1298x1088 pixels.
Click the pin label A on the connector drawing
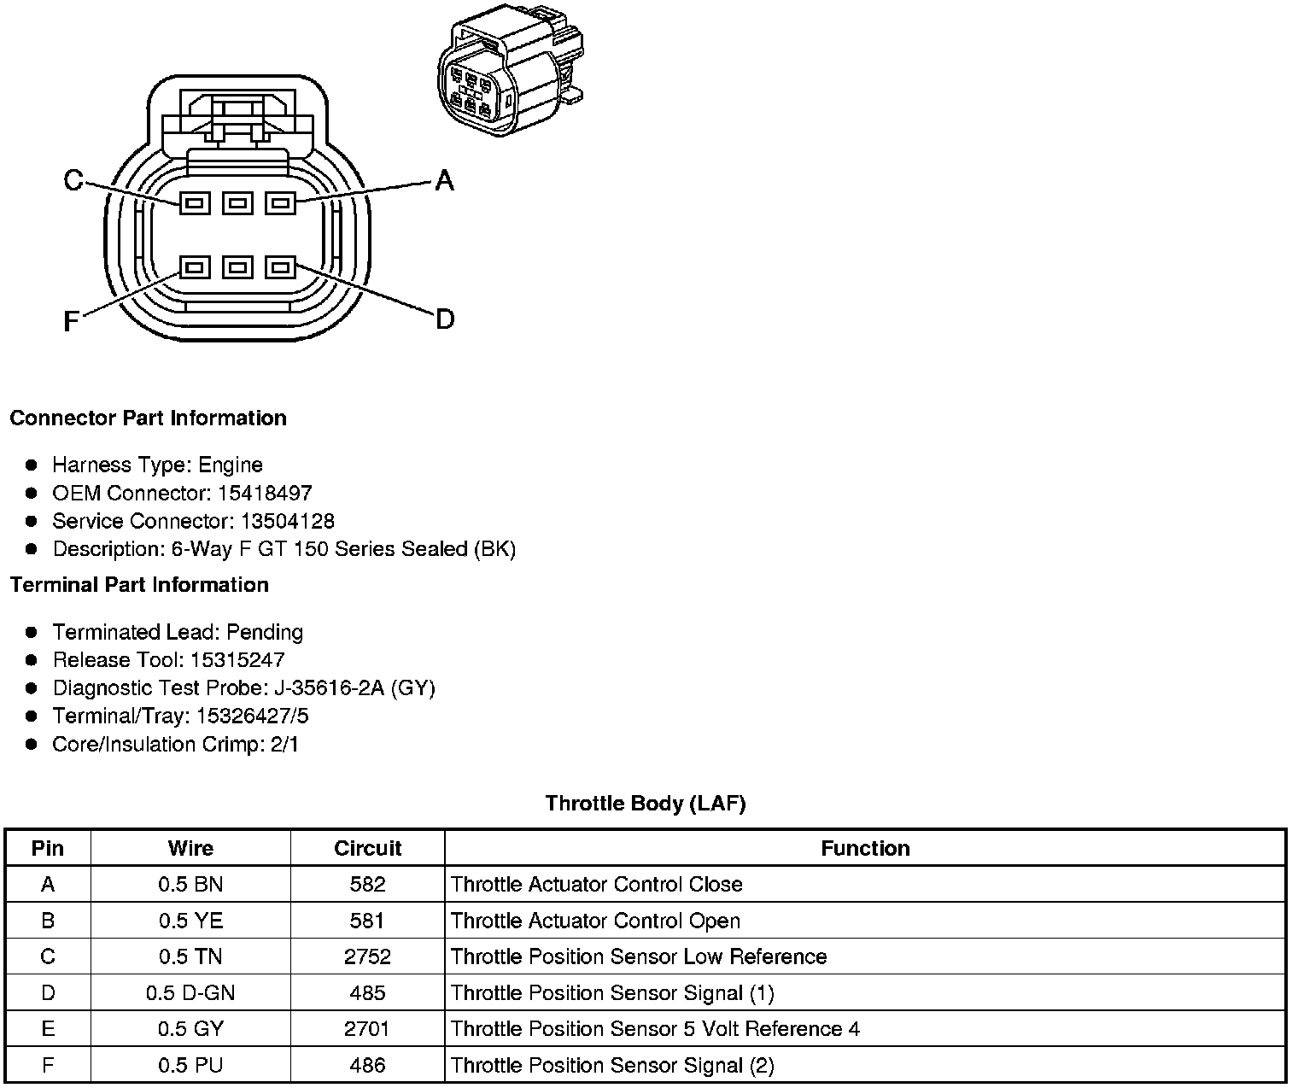click(x=444, y=180)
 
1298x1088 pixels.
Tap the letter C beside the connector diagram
click(x=73, y=180)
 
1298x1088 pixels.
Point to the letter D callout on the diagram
click(x=444, y=319)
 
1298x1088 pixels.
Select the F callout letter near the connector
click(x=72, y=322)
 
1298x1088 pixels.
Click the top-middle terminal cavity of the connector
click(x=237, y=203)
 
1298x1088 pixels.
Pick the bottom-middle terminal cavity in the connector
click(x=237, y=268)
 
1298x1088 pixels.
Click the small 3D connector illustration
click(x=511, y=70)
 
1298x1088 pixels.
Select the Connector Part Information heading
click(x=148, y=418)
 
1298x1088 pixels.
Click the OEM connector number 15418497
click(x=265, y=493)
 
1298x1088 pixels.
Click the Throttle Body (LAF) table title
click(x=646, y=804)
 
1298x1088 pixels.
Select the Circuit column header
click(x=367, y=848)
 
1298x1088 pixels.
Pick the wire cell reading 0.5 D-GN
click(x=190, y=992)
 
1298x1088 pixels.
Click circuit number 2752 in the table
click(x=367, y=956)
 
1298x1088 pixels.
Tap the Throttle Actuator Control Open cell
click(x=595, y=921)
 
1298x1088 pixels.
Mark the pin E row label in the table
click(x=48, y=1029)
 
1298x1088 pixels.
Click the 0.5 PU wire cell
click(x=190, y=1065)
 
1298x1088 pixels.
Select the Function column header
click(x=865, y=848)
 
